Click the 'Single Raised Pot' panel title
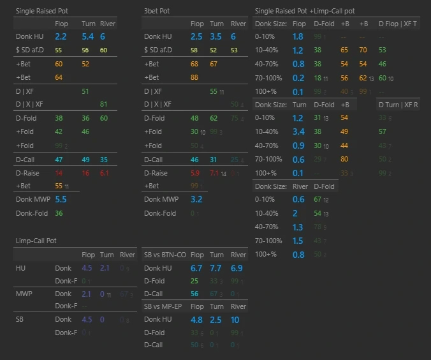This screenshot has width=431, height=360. pyautogui.click(x=41, y=11)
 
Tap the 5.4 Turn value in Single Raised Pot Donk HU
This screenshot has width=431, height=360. pyautogui.click(x=88, y=37)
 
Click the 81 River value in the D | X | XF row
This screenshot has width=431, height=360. pyautogui.click(x=104, y=104)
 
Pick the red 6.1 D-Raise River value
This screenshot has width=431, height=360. pyautogui.click(x=105, y=173)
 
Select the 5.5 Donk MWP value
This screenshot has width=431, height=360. pyautogui.click(x=61, y=200)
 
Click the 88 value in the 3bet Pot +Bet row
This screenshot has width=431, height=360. pyautogui.click(x=195, y=77)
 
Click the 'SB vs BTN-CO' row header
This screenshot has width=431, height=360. pyautogui.click(x=164, y=255)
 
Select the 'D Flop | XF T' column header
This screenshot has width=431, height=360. pyautogui.click(x=398, y=24)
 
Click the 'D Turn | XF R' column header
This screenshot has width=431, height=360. pyautogui.click(x=398, y=105)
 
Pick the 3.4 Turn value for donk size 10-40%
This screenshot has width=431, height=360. pyautogui.click(x=298, y=131)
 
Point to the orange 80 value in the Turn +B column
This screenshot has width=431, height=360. pyautogui.click(x=344, y=159)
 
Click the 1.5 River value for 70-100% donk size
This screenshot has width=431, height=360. pyautogui.click(x=298, y=241)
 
